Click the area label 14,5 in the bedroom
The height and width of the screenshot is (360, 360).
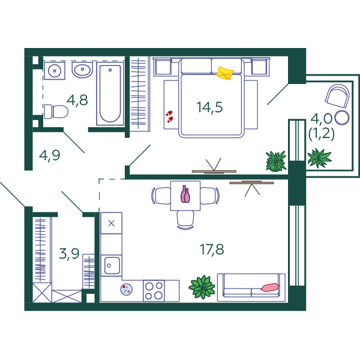point(209,107)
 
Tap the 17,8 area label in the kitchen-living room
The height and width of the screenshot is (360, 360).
point(212,250)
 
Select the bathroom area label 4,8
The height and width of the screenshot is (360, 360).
point(77,100)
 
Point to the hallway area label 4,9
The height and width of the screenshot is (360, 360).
point(50,155)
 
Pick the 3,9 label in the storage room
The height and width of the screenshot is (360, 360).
point(69,253)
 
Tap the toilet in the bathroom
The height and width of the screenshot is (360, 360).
point(56,112)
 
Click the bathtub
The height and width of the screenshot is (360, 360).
point(110,94)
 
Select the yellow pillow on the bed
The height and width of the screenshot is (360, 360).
point(224,73)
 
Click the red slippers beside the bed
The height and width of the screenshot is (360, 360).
point(169,116)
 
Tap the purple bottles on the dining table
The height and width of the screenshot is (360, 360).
point(185,194)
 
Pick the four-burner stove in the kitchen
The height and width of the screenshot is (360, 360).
point(154,290)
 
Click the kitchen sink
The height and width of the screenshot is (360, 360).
point(112,265)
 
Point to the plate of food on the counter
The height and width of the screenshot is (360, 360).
point(127,289)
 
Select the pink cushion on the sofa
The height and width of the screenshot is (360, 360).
point(270,287)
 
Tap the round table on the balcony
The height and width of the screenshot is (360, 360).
point(342,118)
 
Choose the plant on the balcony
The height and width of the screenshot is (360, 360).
point(319,158)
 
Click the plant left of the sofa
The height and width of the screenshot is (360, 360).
point(202,287)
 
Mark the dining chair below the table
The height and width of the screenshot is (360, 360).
point(185,220)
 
